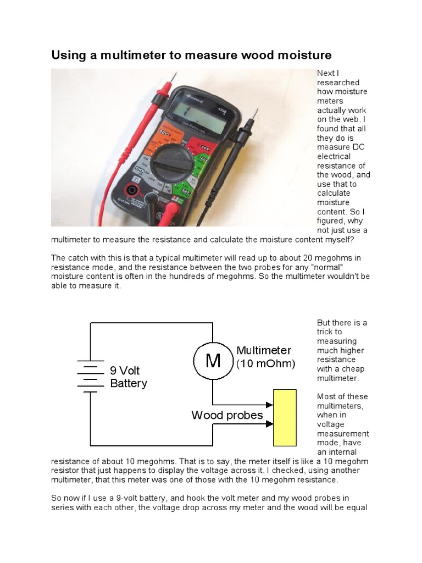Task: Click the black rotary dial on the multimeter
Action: pos(171,163)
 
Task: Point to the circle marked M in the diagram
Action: pos(213,361)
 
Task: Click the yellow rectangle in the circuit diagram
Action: pos(285,418)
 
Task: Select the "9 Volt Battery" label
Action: pos(129,377)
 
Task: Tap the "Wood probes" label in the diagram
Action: pos(227,415)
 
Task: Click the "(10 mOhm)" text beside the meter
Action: pos(266,363)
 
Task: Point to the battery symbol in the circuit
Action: pos(88,377)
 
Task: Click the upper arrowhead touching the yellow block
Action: pos(270,404)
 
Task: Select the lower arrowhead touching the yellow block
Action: pos(270,424)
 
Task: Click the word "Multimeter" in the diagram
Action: pos(264,350)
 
